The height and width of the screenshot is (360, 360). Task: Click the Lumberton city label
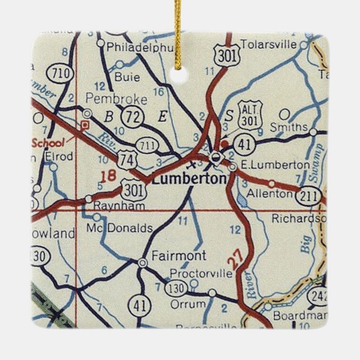189,179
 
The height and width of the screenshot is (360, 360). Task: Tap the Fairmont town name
178,255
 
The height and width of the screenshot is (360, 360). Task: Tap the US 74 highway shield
128,160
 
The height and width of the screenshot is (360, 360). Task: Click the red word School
48,142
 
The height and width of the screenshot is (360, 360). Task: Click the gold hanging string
178,28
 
